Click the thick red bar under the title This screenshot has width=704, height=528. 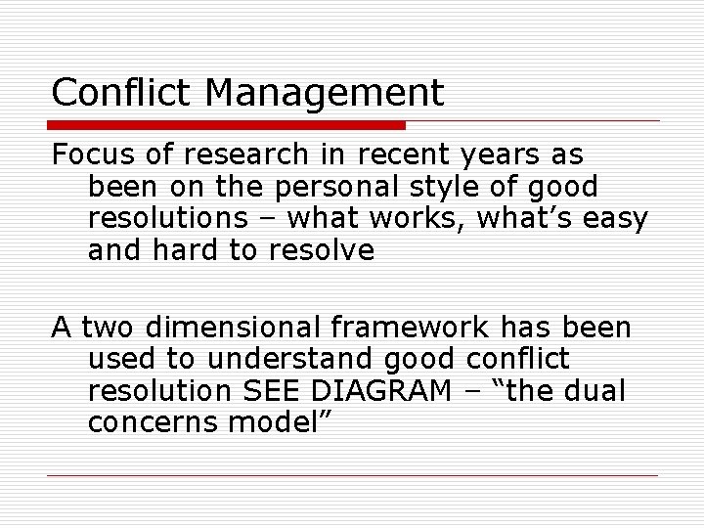coord(228,125)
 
